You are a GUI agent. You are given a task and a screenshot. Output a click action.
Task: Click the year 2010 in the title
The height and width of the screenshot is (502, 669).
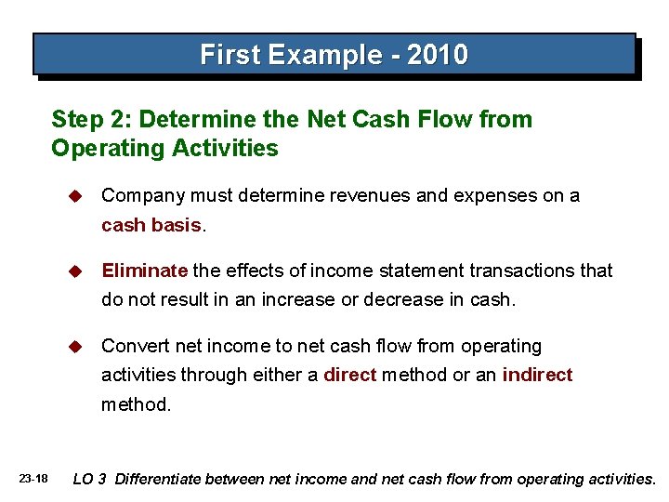coord(437,55)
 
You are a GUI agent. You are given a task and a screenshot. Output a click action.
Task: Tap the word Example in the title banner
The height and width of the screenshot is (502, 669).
coord(313,55)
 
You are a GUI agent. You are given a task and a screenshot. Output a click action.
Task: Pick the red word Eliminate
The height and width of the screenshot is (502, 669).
coord(144,271)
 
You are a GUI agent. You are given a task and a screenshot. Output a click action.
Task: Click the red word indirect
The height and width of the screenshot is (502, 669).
coord(537,375)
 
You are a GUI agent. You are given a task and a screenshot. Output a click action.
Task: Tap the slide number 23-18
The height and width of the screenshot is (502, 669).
coord(33,479)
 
